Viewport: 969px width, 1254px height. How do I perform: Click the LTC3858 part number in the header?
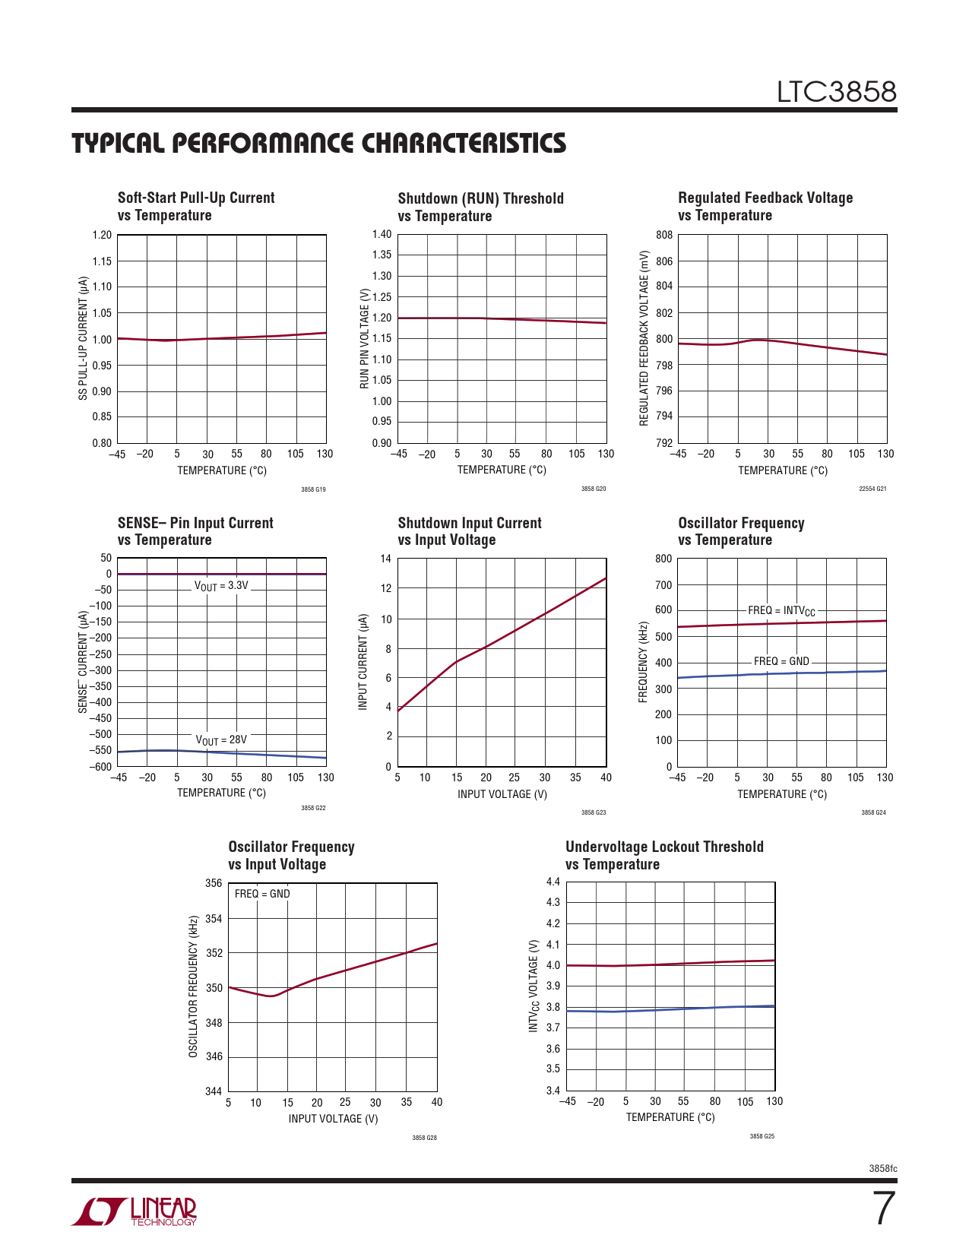[836, 92]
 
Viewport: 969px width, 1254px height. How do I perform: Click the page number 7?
[883, 1209]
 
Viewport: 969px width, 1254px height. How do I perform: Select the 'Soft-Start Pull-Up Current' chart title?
[196, 198]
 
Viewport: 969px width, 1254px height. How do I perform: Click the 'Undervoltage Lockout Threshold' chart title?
[664, 847]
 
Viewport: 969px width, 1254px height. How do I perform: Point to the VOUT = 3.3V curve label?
[221, 586]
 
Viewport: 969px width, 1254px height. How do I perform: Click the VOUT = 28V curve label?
[221, 739]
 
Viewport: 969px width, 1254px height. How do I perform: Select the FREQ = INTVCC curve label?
[781, 611]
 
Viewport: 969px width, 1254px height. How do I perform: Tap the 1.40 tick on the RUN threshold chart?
[382, 234]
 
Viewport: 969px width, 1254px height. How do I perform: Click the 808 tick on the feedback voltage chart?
[664, 235]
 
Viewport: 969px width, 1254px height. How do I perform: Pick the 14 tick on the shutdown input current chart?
[386, 559]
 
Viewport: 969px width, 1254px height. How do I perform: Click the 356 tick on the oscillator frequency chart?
[214, 883]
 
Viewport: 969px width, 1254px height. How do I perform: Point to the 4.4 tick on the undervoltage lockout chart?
[553, 882]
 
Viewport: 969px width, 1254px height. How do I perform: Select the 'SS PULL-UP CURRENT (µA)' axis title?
[83, 338]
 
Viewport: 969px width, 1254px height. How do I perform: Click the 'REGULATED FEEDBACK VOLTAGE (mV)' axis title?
[644, 337]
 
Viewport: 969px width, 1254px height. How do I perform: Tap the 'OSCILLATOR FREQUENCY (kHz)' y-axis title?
[193, 986]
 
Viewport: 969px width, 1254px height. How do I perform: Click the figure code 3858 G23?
[594, 812]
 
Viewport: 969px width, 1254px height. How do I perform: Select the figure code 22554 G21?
[872, 489]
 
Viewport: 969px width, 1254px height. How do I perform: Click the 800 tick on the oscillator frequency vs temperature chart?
[663, 559]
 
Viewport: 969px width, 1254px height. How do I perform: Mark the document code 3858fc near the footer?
[882, 1168]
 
